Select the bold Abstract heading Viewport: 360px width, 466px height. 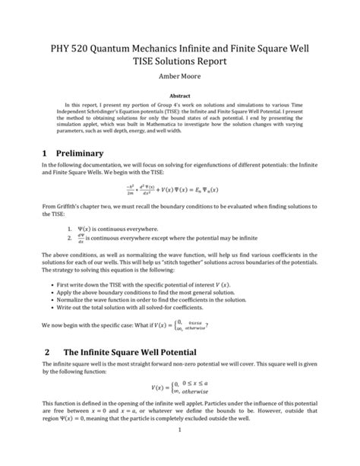click(x=179, y=96)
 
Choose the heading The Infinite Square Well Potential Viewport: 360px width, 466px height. click(x=132, y=353)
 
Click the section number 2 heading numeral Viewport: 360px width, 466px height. click(x=46, y=353)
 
